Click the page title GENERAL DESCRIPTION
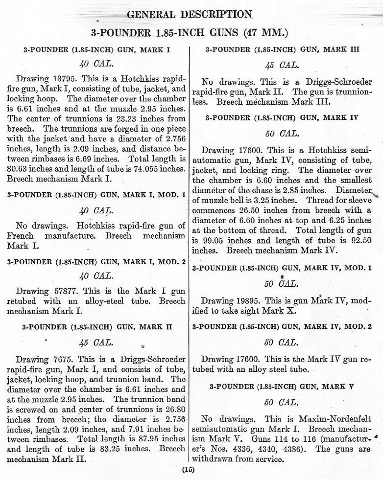[x=190, y=14]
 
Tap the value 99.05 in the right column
[x=213, y=240]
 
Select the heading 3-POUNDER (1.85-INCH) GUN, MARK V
[x=283, y=386]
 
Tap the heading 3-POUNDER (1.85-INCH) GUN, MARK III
[x=283, y=49]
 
